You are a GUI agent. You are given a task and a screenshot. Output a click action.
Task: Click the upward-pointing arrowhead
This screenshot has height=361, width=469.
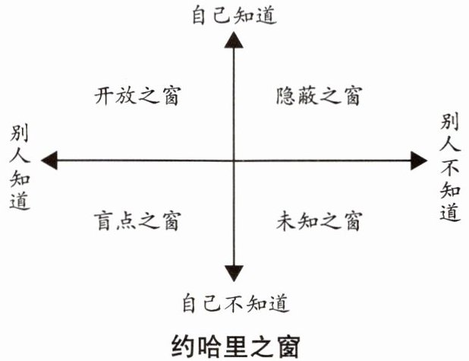pos(234,40)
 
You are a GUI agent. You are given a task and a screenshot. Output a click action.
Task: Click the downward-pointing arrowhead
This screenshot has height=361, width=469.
pos(234,274)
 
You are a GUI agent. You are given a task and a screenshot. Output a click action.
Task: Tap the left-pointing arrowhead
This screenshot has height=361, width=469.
pos(49,160)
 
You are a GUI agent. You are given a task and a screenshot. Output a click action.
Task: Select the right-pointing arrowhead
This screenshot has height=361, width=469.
pos(419,160)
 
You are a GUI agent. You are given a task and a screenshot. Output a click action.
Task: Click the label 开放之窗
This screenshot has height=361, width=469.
pos(137,97)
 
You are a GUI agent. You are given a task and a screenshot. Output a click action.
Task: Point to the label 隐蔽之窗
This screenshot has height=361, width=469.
pos(319,97)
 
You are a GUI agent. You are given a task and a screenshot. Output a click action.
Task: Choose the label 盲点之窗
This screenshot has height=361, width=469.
pos(137,221)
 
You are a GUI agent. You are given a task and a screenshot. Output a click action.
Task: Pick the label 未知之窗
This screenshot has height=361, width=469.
pos(319,221)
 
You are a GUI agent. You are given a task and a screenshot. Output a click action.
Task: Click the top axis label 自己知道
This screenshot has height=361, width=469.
pos(234,15)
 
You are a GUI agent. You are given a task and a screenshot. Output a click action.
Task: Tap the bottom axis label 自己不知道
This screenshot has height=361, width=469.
pos(236,303)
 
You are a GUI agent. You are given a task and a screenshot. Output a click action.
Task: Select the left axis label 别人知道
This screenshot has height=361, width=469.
pos(20,167)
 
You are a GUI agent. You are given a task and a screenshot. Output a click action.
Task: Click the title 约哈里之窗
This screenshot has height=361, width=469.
pos(236,347)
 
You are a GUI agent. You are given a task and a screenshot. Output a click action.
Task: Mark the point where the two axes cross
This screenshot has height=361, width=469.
pos(234,160)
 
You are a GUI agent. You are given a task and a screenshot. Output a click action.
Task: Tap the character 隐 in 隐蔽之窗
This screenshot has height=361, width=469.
pos(285,97)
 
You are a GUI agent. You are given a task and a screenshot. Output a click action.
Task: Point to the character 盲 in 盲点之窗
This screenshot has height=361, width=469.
pos(104,221)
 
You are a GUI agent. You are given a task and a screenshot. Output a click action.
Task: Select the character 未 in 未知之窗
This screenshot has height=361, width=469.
pos(285,221)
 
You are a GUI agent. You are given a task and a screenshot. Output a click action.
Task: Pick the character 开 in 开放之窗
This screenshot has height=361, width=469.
pos(104,97)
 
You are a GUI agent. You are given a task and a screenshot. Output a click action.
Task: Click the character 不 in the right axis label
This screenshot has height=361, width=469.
pos(450,167)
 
